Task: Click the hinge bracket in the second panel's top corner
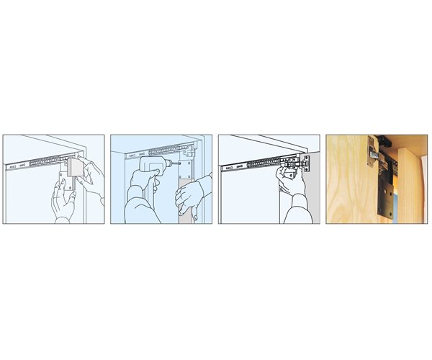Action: click(189, 150)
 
